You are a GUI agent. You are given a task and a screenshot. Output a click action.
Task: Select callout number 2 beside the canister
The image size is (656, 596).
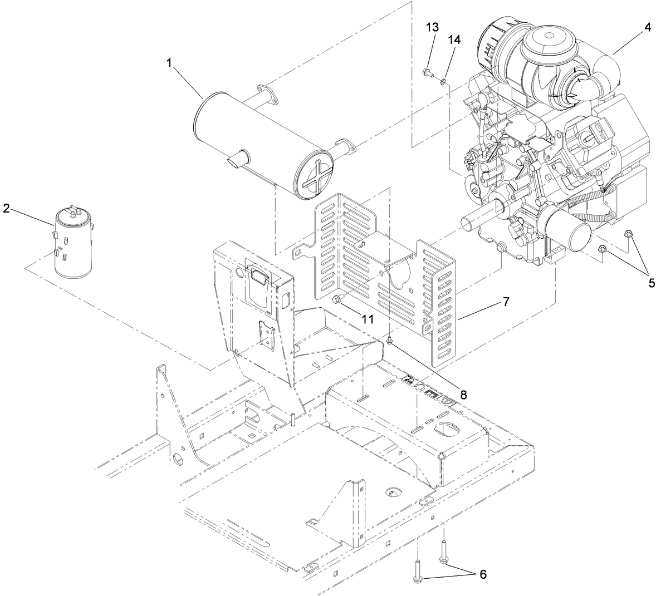6,209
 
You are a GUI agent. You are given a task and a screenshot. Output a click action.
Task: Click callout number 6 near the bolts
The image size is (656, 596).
483,574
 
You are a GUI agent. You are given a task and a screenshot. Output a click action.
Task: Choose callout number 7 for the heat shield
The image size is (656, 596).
506,302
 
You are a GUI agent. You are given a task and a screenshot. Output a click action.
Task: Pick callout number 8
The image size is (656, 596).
463,395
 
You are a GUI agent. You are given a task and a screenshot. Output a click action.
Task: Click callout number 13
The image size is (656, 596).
432,27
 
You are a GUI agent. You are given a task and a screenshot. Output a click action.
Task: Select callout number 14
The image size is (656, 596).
454,40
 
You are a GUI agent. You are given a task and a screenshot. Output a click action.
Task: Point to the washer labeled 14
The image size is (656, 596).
443,82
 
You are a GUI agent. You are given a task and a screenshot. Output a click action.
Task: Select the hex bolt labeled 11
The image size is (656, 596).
336,301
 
